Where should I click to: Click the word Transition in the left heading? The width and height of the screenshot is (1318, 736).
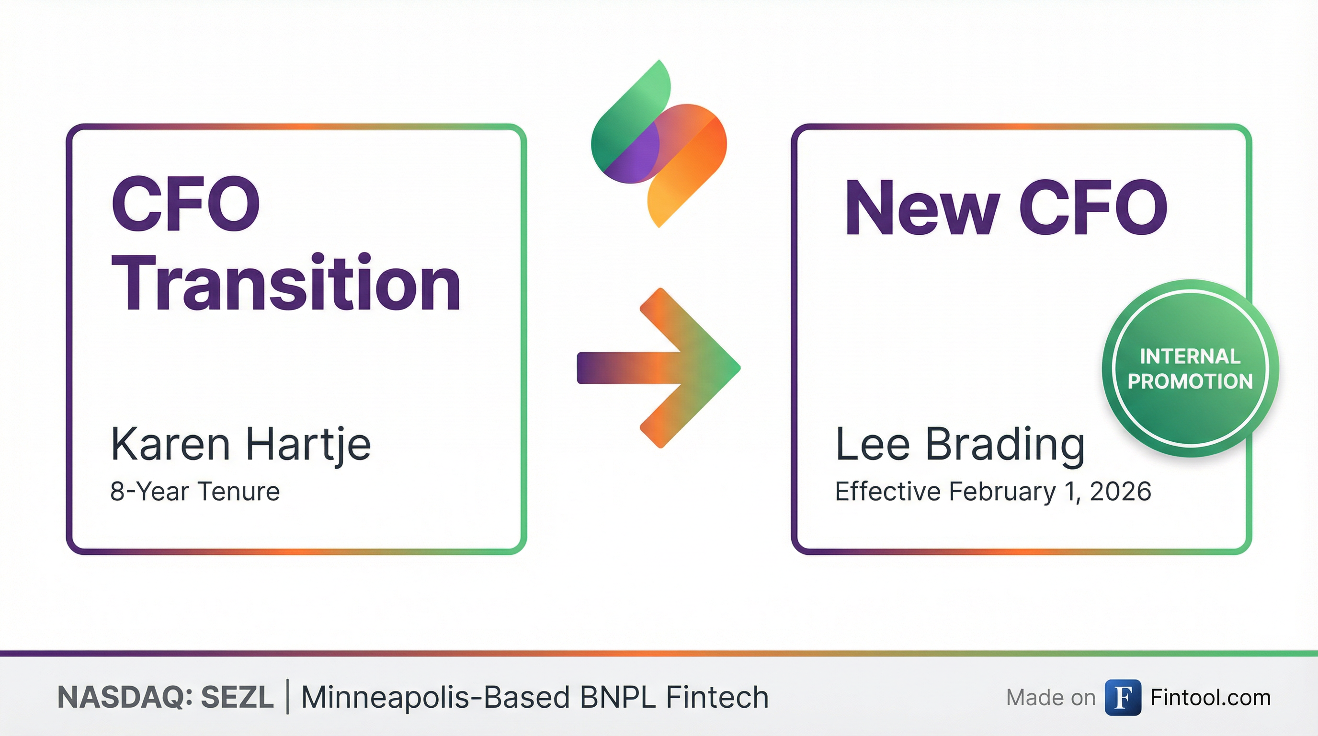click(x=286, y=283)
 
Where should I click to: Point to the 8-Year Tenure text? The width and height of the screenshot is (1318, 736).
click(x=195, y=491)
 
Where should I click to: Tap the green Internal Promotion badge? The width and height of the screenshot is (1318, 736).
click(x=1190, y=368)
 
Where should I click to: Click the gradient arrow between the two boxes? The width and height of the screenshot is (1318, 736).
click(x=659, y=368)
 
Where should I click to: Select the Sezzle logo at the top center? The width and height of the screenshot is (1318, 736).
click(x=659, y=144)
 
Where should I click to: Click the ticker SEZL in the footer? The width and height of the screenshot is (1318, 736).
click(x=238, y=697)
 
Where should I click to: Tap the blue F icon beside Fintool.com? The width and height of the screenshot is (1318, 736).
click(x=1123, y=697)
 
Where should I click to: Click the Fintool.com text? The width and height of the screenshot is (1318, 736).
click(x=1211, y=698)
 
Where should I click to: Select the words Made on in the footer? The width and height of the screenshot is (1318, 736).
click(x=1050, y=698)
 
